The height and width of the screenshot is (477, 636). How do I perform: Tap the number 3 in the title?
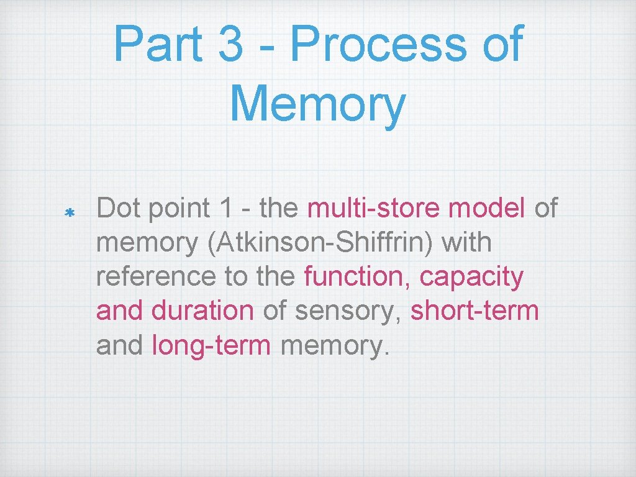231,45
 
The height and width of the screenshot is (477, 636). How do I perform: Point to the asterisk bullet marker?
70,214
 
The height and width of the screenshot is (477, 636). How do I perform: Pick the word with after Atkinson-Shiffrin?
466,242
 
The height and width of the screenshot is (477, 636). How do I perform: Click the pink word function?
357,276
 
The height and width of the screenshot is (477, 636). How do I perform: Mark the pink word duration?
202,311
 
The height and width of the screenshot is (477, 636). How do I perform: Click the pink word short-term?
475,311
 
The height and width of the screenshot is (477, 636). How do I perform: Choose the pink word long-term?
211,345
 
